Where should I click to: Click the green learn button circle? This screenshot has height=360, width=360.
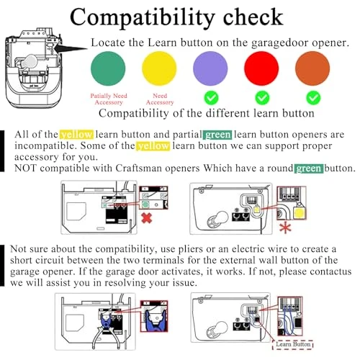(x=108, y=68)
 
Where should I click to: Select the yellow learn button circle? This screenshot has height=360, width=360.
(x=159, y=68)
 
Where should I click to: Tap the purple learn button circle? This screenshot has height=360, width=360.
(x=210, y=68)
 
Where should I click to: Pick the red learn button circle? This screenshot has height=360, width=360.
(x=261, y=68)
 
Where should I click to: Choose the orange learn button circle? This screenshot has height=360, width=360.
(x=312, y=68)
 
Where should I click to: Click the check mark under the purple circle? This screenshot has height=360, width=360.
(x=211, y=98)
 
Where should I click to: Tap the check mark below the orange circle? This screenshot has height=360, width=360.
(x=313, y=98)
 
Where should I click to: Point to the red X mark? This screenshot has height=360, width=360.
(x=147, y=218)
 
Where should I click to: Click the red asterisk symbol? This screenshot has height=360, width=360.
(x=285, y=228)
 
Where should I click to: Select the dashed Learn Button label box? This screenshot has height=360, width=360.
(x=293, y=344)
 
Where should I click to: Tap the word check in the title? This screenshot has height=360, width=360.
(x=253, y=17)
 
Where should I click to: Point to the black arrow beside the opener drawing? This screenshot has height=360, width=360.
(x=71, y=48)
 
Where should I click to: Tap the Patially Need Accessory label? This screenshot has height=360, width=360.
(x=109, y=99)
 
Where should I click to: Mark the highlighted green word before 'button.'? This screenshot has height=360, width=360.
(x=309, y=168)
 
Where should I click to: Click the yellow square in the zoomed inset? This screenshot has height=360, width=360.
(x=299, y=214)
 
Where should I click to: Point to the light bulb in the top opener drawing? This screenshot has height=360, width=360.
(x=29, y=61)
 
